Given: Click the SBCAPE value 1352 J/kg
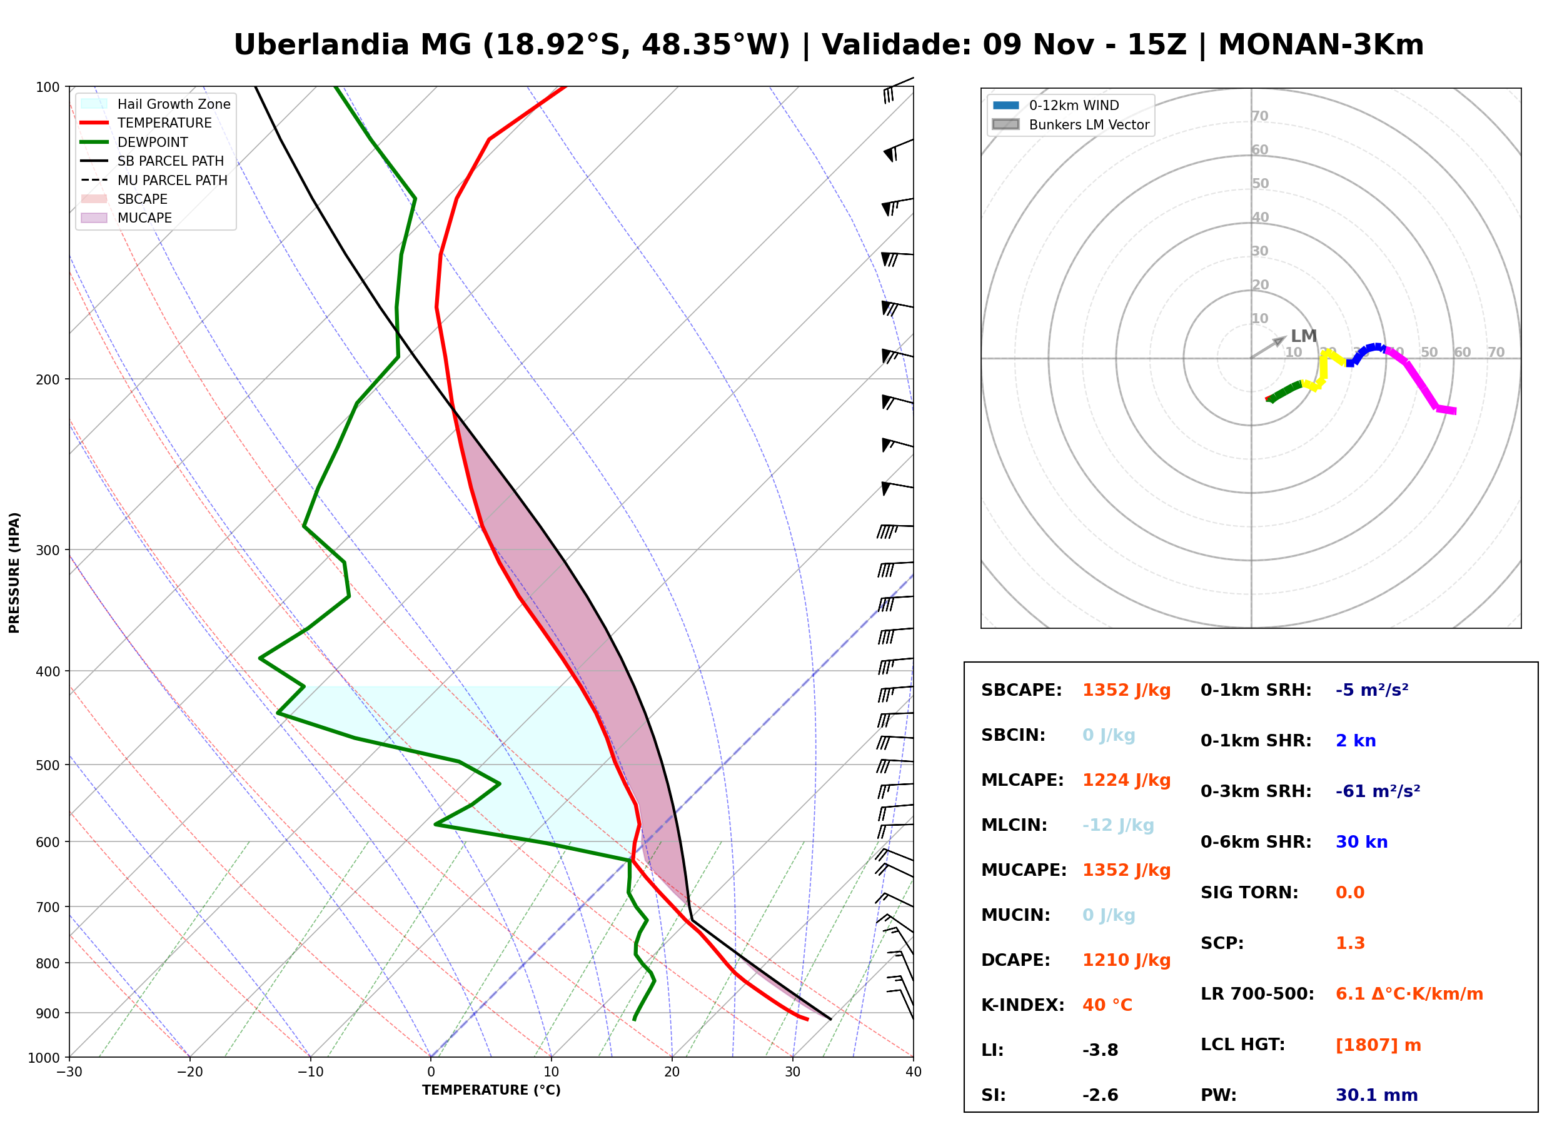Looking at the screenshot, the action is tap(1126, 690).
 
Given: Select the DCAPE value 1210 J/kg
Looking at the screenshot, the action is tap(1126, 960).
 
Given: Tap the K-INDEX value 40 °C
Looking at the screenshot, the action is tap(1107, 1005).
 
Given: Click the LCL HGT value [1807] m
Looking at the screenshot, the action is tap(1378, 1045).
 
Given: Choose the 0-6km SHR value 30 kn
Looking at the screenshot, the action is tap(1361, 842).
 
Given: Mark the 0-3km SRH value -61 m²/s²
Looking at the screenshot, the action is tap(1378, 791).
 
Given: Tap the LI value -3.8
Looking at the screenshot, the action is tap(1101, 1050).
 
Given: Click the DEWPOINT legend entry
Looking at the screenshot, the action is tap(134, 142).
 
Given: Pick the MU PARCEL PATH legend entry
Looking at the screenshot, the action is tap(154, 180).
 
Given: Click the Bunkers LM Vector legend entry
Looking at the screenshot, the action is tap(1071, 124).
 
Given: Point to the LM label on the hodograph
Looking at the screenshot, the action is tap(1304, 336).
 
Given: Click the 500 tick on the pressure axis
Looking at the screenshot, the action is tap(48, 765).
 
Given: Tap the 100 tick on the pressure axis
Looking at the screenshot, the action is tap(48, 86).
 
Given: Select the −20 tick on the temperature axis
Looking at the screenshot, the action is tap(189, 1073).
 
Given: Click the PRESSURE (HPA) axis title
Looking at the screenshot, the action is tap(14, 573).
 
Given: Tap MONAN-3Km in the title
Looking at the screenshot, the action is tap(1321, 45).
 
